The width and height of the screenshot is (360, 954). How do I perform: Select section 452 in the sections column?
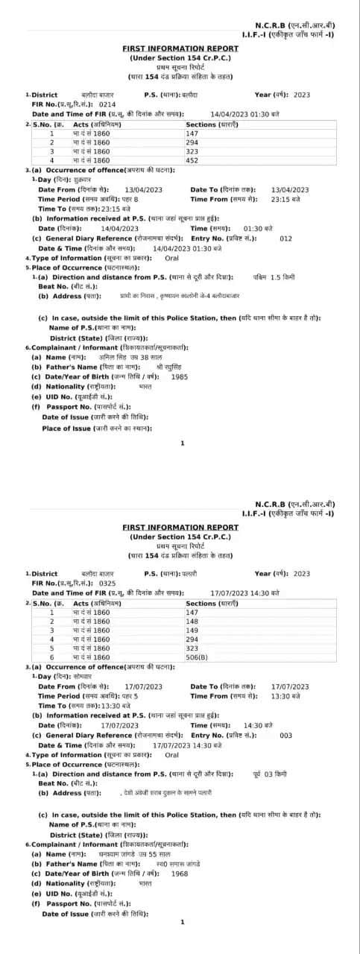click(192, 160)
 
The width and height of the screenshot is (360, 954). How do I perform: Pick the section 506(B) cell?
click(198, 657)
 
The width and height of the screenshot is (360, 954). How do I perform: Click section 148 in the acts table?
click(192, 621)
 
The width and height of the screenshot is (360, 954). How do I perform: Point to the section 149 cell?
click(192, 630)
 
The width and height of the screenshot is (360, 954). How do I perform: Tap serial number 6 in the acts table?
click(52, 657)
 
